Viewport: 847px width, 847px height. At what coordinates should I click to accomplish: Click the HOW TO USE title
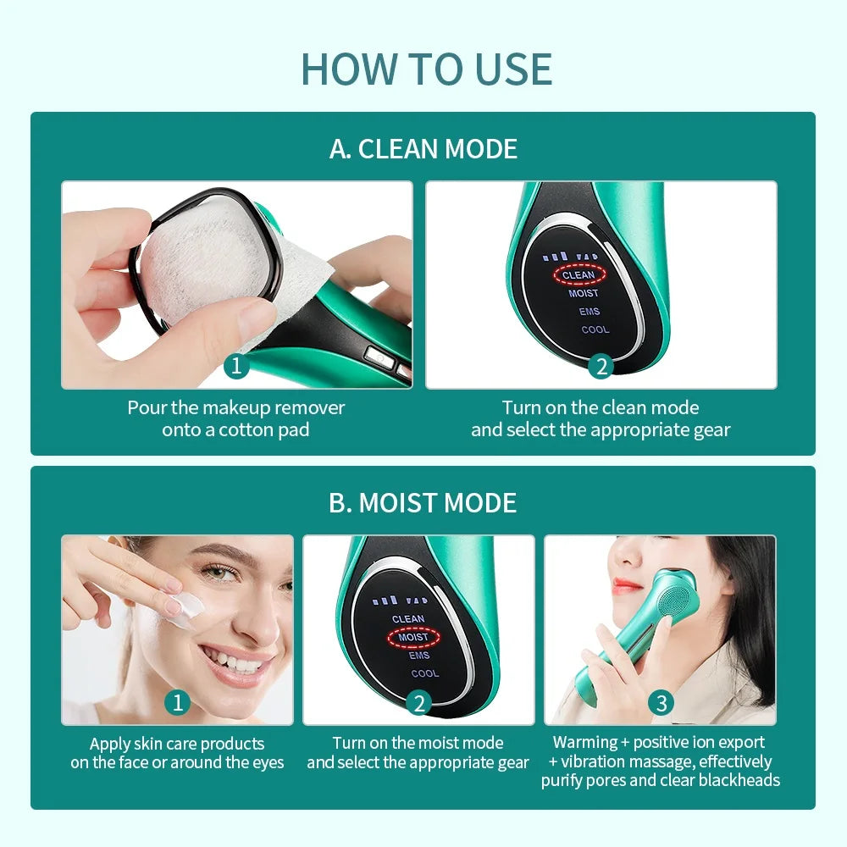[x=426, y=69]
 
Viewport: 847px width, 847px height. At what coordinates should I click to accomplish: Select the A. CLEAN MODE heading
[x=423, y=148]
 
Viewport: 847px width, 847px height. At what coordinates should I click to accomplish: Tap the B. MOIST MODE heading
[x=423, y=502]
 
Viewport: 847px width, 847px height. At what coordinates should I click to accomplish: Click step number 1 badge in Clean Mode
[x=236, y=366]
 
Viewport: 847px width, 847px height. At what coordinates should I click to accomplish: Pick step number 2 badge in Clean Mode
[x=601, y=366]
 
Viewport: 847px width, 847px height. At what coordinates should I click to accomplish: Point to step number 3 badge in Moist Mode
[x=661, y=703]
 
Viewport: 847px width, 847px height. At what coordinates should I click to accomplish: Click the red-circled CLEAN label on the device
[x=579, y=275]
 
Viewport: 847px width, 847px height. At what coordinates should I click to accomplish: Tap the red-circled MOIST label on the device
[x=413, y=638]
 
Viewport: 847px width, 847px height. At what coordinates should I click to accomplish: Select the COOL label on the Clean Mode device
[x=595, y=329]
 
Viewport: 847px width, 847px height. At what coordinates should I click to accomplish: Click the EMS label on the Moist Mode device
[x=419, y=656]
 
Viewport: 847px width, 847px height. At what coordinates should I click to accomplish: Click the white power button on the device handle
[x=379, y=357]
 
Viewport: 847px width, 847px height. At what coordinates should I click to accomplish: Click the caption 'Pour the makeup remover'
[x=236, y=407]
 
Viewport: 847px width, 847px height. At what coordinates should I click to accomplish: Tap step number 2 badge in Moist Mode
[x=419, y=703]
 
